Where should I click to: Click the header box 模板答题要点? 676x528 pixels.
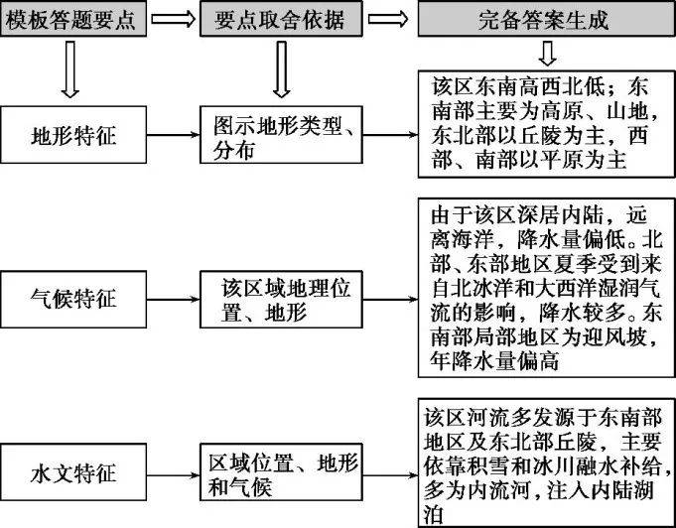tap(73, 19)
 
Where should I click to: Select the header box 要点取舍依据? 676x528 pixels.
tap(281, 19)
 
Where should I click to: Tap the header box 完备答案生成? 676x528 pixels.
tap(546, 19)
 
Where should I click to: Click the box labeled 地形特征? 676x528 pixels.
tap(73, 135)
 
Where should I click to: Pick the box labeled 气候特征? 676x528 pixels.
tap(73, 299)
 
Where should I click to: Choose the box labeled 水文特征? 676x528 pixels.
tap(73, 472)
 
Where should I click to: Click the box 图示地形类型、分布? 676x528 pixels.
tap(281, 135)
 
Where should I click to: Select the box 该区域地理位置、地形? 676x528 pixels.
tap(281, 299)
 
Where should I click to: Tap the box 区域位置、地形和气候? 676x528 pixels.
tap(281, 472)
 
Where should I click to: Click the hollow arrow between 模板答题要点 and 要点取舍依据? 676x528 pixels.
tap(174, 19)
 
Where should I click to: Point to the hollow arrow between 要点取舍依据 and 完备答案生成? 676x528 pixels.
tap(388, 19)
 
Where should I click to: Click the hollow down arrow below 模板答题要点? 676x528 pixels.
tap(69, 68)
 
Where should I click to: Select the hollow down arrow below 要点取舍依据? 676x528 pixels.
tap(281, 68)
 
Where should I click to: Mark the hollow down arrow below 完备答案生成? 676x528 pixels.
tap(547, 53)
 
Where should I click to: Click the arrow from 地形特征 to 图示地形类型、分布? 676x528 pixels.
tap(174, 135)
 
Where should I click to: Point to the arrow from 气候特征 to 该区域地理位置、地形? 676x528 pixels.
tap(174, 299)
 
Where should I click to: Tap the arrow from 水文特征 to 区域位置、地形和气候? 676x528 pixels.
tap(174, 475)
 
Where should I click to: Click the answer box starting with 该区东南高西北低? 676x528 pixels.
tap(546, 124)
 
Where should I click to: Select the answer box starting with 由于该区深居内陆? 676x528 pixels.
tap(546, 288)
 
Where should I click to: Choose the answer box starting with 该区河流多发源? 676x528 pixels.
tap(546, 462)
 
